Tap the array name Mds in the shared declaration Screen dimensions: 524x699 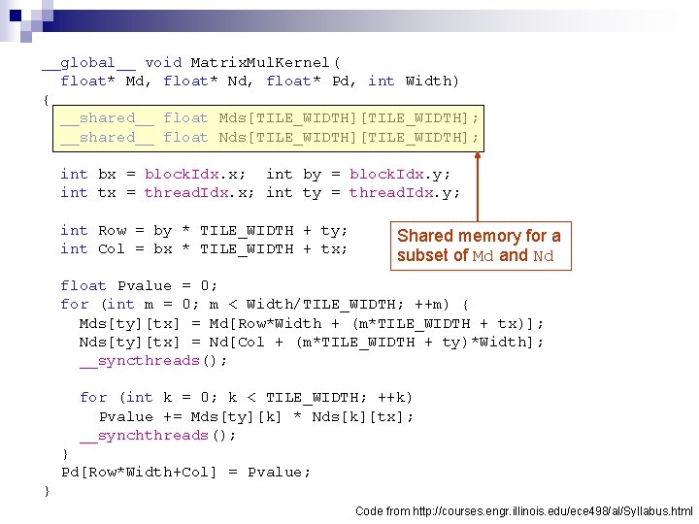click(232, 118)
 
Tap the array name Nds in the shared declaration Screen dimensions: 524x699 click(232, 137)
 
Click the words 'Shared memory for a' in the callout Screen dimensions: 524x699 click(479, 236)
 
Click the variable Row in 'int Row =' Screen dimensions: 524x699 click(113, 231)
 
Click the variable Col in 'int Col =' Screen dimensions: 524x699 click(112, 249)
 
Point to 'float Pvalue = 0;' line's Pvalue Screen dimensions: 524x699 click(145, 286)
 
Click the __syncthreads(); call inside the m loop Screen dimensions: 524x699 click(153, 361)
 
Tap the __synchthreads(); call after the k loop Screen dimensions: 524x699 click(157, 436)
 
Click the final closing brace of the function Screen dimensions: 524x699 click(47, 491)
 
